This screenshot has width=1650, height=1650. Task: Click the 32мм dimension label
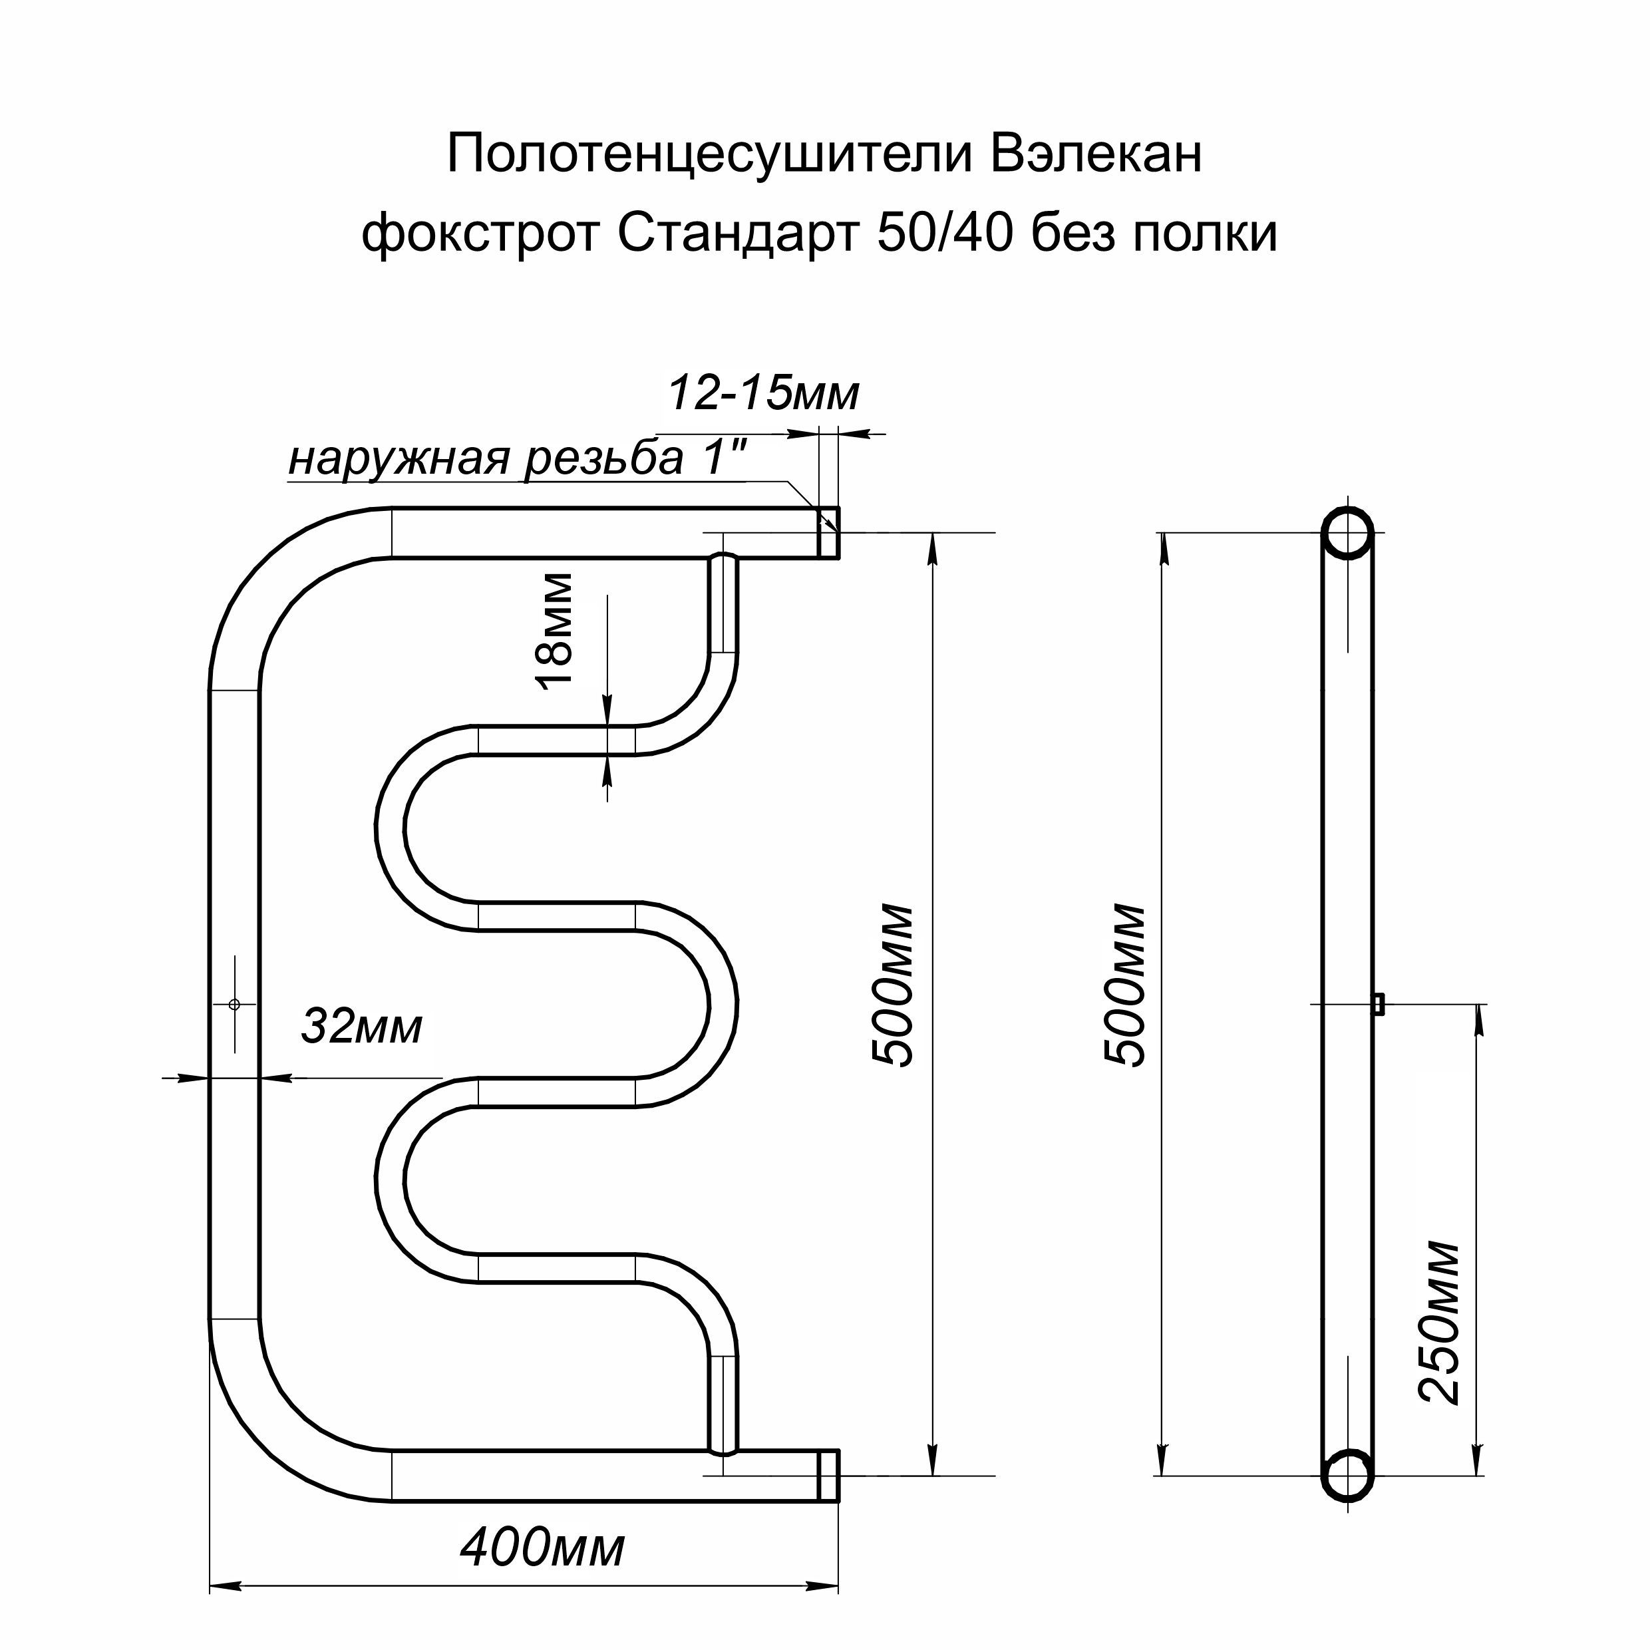[361, 1027]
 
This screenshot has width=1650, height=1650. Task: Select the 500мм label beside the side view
[1123, 985]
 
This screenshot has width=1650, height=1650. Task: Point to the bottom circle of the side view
[1348, 1474]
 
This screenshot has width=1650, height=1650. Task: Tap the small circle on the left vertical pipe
[235, 1005]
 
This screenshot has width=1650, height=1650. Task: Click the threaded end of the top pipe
[829, 532]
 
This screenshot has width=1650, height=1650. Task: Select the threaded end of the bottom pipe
[829, 1475]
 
